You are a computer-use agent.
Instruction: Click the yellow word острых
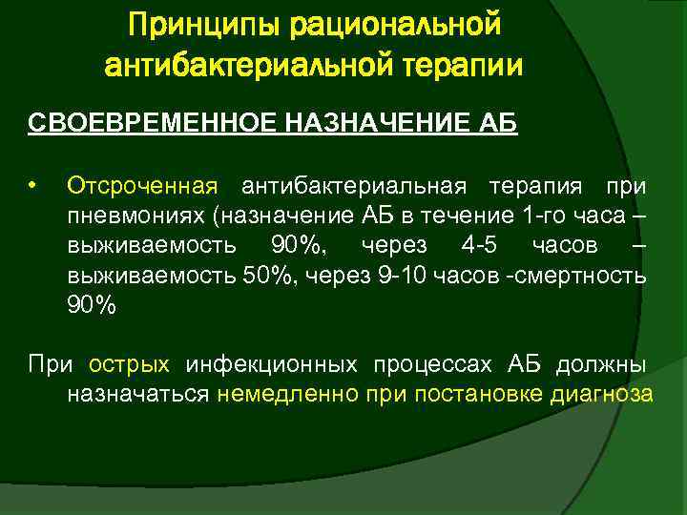tap(129, 364)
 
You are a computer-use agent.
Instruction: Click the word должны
tap(601, 364)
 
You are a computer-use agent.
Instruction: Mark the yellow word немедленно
tap(287, 395)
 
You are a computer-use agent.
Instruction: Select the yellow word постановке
tap(464, 395)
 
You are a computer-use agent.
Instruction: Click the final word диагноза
tap(601, 395)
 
